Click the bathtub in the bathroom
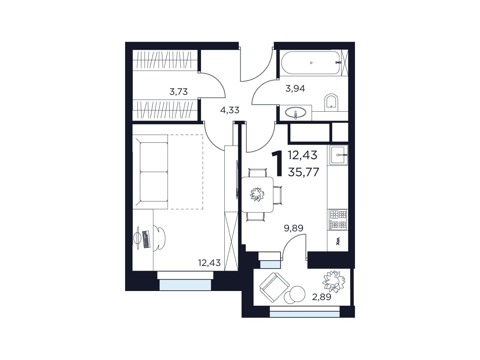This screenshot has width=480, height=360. [310, 63]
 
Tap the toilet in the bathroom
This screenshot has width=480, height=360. [331, 103]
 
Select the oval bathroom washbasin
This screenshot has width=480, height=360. [296, 113]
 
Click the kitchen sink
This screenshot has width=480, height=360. [338, 155]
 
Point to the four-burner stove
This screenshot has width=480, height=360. [338, 220]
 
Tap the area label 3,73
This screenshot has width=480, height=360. [178, 92]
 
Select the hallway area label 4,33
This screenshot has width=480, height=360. [229, 110]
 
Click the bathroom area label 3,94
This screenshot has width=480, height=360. [295, 88]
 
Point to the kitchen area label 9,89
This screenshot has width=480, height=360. [293, 228]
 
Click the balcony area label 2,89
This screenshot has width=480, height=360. [322, 297]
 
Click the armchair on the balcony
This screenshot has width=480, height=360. [274, 287]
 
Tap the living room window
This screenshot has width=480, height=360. [185, 285]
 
